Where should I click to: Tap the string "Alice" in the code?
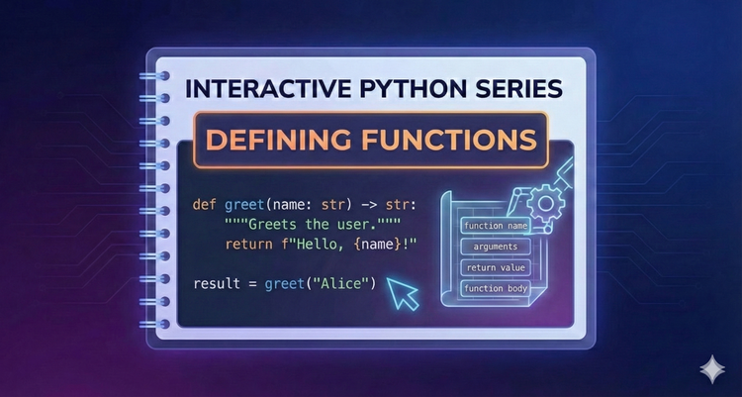coord(345,284)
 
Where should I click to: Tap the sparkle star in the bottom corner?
coord(710,368)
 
